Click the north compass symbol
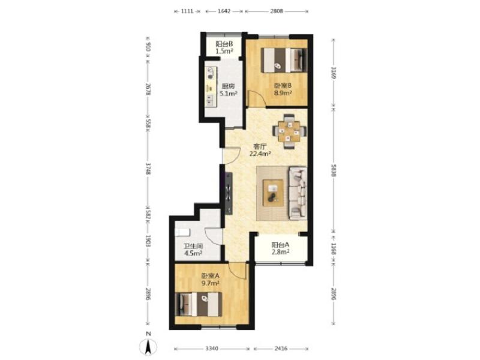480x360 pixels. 148,346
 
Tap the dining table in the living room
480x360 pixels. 290,131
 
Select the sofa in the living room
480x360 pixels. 298,193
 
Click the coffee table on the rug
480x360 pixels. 273,193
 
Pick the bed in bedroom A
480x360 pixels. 199,305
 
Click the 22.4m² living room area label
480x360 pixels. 260,154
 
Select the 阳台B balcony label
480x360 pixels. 224,44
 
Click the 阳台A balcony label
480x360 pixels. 280,245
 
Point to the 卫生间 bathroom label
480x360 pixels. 193,246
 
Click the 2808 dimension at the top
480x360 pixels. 277,11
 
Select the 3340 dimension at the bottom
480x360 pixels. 212,349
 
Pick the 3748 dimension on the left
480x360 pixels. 148,169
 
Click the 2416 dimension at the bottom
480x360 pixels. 281,349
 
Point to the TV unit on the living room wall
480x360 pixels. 229,193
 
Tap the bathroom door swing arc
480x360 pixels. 213,236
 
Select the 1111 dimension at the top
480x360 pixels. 187,11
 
